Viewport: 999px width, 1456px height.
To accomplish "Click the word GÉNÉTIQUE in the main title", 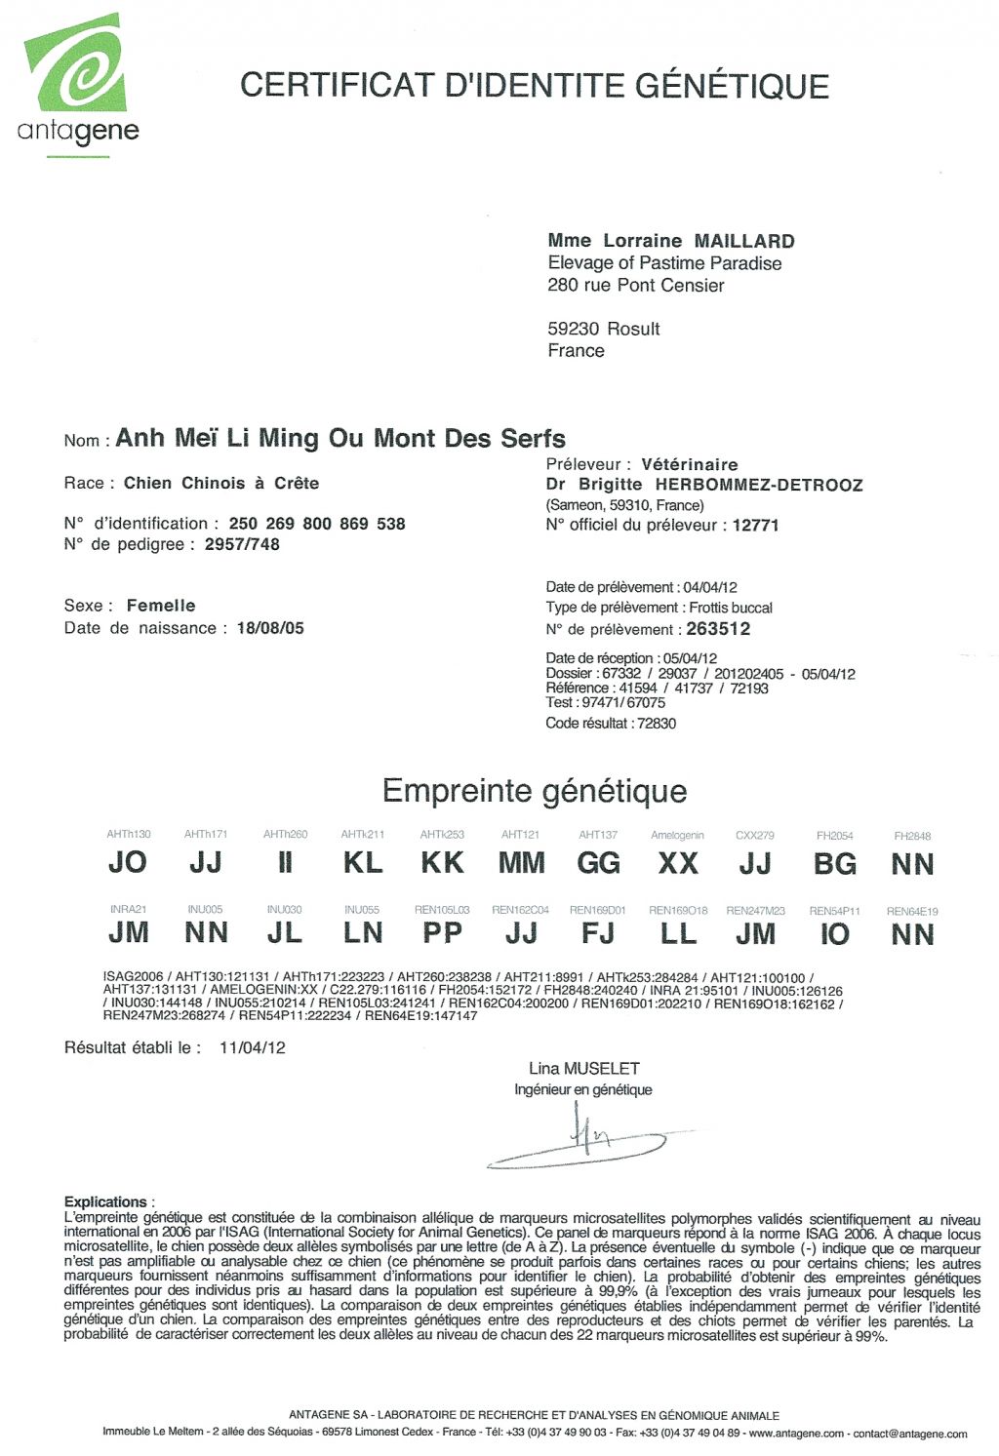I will click(733, 86).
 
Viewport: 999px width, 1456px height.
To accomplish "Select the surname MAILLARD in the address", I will click(744, 241).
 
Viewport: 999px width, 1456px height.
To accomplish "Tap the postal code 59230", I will click(573, 329).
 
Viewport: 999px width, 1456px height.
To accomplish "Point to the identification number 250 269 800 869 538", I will click(316, 524).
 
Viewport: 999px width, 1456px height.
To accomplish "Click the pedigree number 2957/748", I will click(242, 545).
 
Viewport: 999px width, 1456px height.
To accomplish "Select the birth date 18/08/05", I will click(270, 628).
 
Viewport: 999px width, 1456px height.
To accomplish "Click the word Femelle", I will click(161, 606).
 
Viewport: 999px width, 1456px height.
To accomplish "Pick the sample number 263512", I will click(718, 629).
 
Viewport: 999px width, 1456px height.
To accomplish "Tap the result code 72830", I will click(656, 724).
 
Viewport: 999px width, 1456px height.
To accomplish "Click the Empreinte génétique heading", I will click(535, 791).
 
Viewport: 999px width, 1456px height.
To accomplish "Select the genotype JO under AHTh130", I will click(128, 862).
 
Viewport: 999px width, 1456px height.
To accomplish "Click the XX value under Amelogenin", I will click(677, 863).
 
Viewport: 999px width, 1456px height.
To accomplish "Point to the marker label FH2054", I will click(834, 836).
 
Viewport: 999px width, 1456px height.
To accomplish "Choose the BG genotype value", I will click(834, 864).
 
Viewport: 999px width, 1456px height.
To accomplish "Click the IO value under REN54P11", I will click(834, 934).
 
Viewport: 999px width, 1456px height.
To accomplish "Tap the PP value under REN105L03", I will click(442, 933).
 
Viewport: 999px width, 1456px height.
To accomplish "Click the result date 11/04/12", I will click(253, 1048).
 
